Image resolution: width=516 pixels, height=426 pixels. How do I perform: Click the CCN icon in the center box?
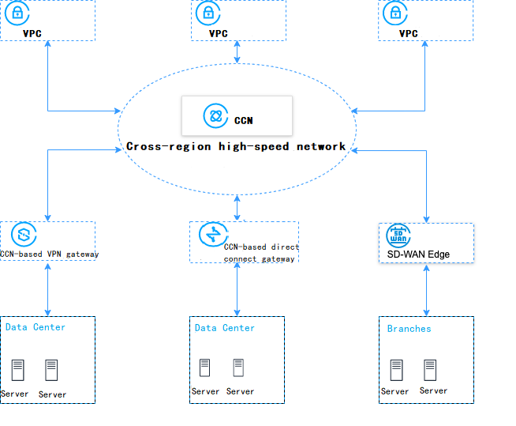click(x=214, y=116)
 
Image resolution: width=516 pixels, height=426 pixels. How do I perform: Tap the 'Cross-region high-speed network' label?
click(x=236, y=146)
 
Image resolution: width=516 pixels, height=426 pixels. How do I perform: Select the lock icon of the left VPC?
click(x=17, y=13)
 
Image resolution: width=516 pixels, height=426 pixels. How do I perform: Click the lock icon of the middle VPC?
click(x=208, y=13)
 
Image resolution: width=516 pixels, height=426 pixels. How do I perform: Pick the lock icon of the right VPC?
click(x=392, y=13)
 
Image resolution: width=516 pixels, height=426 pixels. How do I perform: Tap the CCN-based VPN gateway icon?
click(x=24, y=235)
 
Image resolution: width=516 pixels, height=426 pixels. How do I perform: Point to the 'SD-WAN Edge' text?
click(x=418, y=254)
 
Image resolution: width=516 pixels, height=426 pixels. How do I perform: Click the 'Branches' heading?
click(x=409, y=329)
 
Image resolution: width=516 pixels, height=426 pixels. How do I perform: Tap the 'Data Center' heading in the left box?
click(x=36, y=327)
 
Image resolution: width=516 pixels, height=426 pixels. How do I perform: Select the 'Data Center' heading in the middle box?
click(x=225, y=328)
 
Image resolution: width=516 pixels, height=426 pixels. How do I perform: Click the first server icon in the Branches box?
click(x=396, y=369)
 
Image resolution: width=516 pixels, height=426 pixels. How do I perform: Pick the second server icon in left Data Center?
click(x=52, y=370)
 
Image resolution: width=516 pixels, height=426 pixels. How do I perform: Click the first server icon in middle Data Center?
click(x=204, y=368)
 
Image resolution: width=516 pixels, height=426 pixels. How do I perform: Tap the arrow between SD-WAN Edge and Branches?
click(x=427, y=289)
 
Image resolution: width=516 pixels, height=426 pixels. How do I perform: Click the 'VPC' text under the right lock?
click(x=408, y=34)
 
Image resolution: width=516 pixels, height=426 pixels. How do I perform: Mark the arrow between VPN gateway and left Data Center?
click(x=48, y=289)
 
